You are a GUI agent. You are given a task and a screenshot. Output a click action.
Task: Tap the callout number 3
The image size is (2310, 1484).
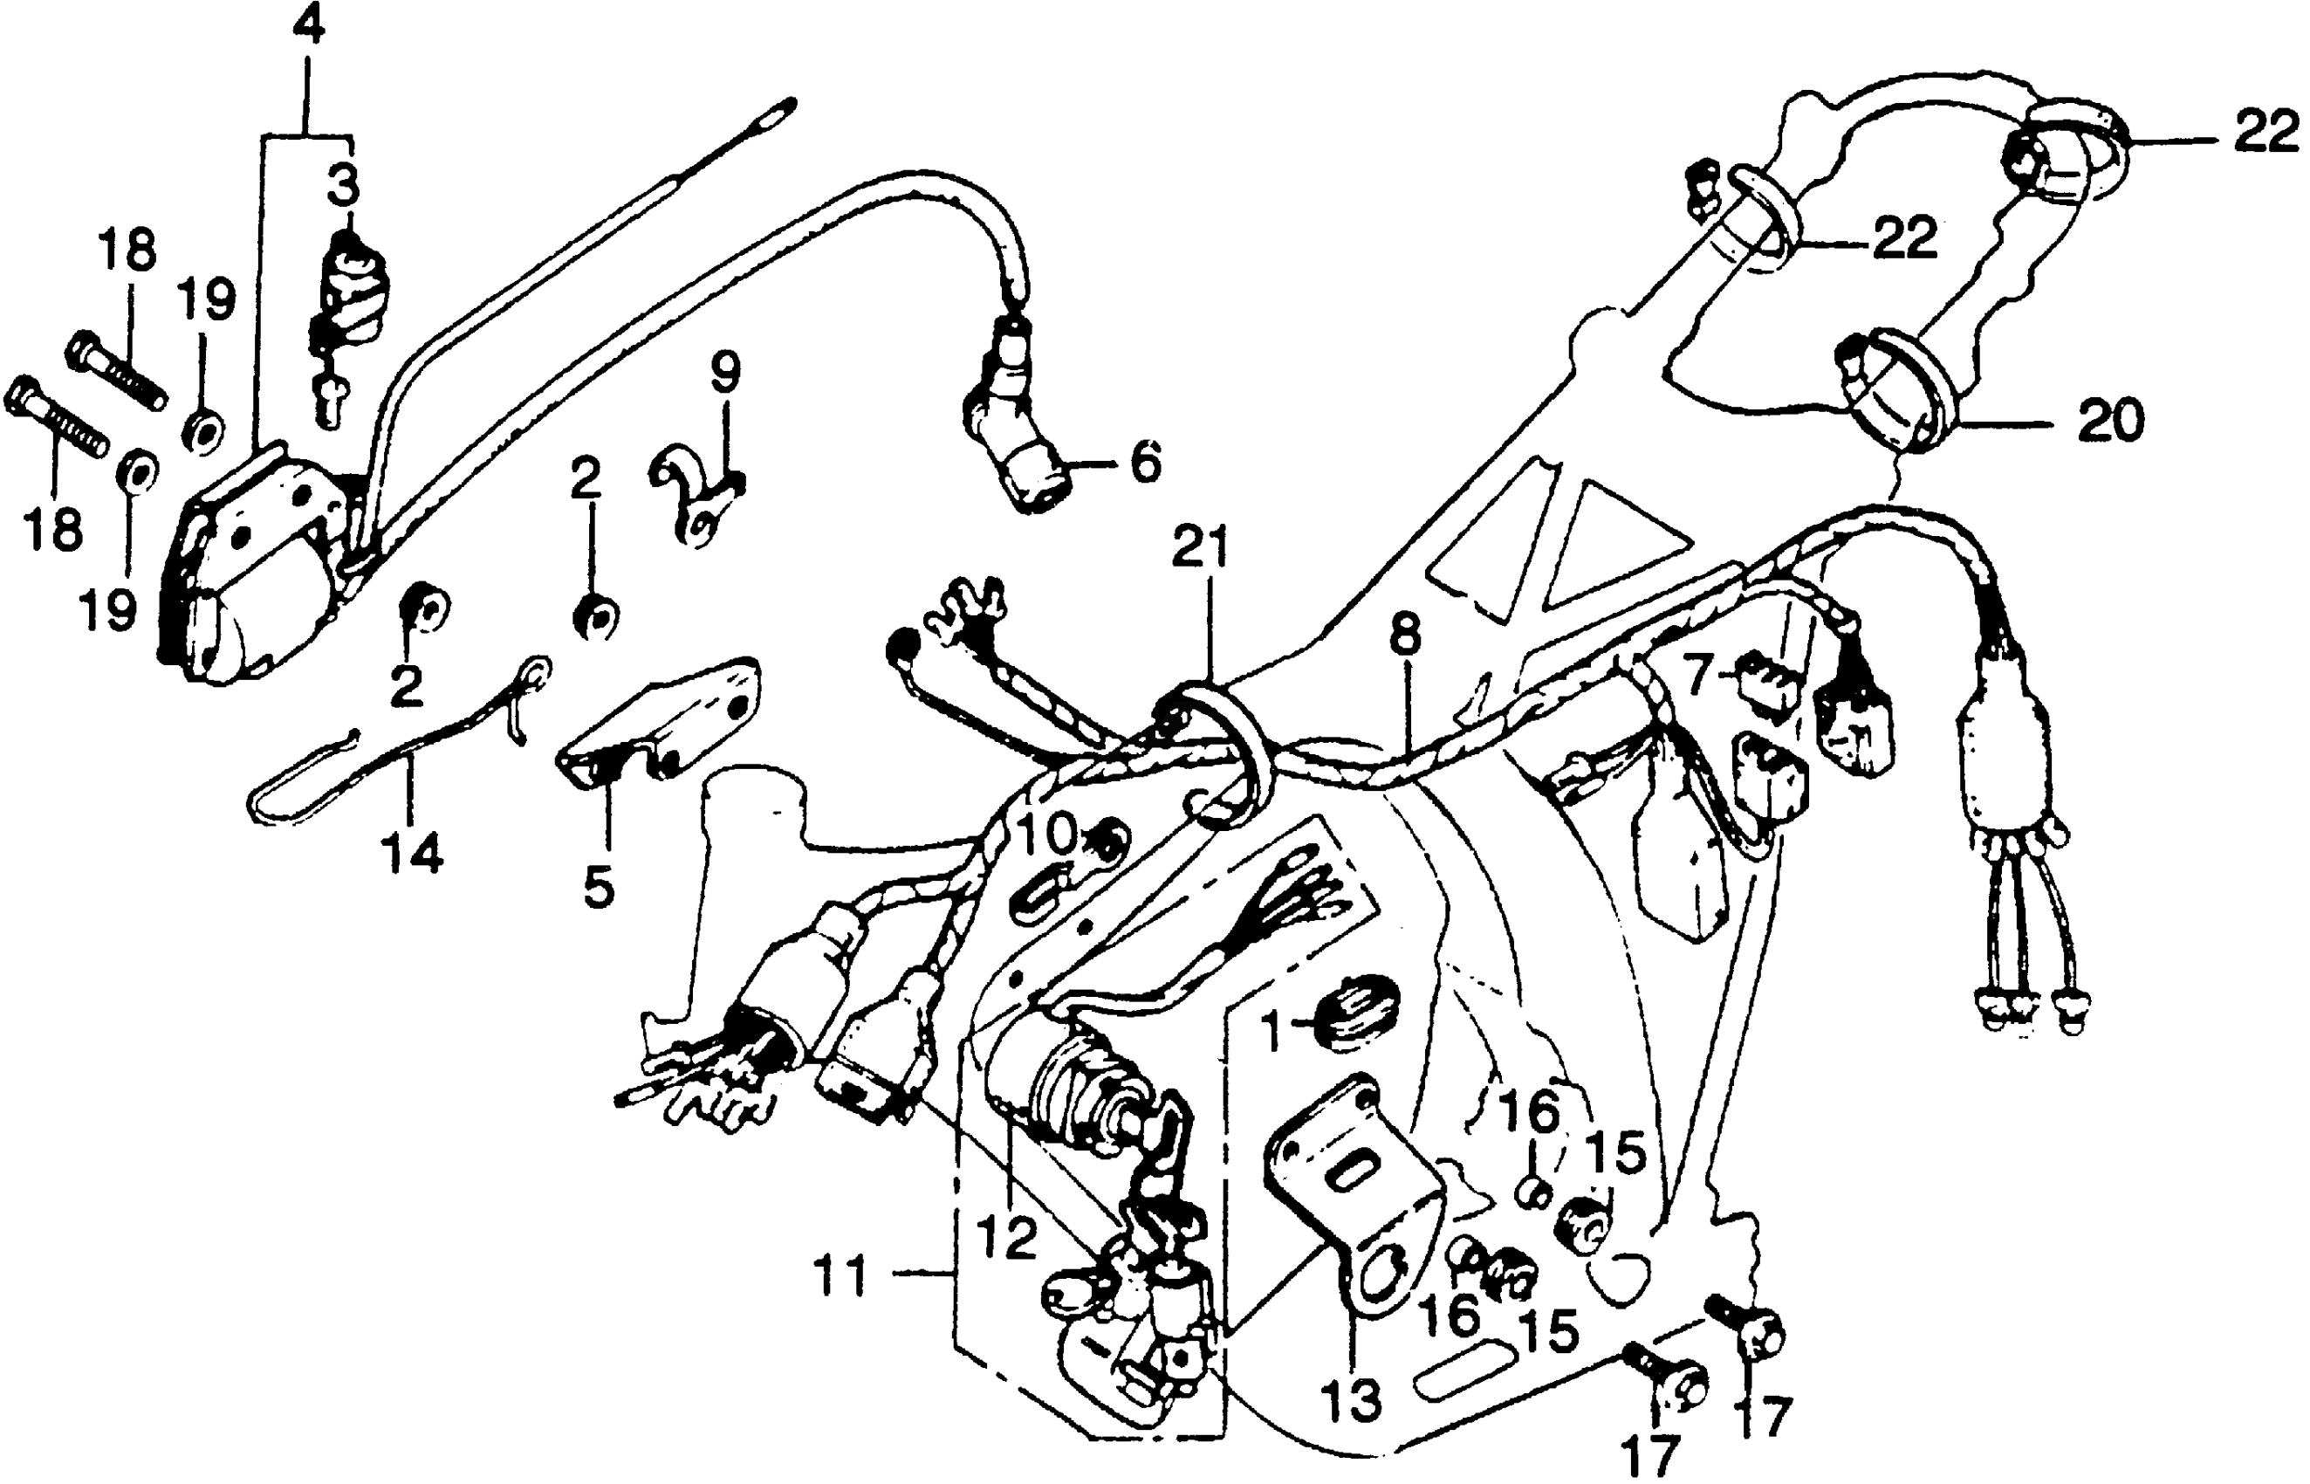tap(342, 185)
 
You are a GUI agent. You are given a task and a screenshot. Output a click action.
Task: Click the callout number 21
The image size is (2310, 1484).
tap(1200, 549)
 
